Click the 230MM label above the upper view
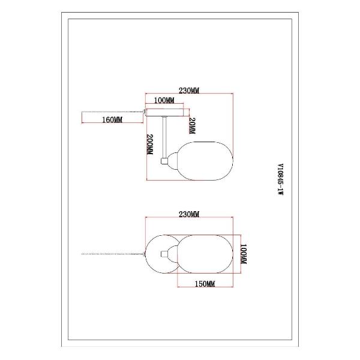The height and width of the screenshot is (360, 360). point(189,91)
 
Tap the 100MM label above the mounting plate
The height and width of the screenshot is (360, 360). point(164,100)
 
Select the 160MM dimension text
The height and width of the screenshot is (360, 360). point(112,119)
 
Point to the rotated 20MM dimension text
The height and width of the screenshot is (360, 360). point(192,126)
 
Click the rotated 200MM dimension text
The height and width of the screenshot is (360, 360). point(149,145)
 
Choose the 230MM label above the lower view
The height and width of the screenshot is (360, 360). point(189,214)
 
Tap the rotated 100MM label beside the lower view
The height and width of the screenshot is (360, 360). point(243,254)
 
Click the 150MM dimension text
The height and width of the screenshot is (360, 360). point(205,284)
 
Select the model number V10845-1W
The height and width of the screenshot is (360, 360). point(280,179)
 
